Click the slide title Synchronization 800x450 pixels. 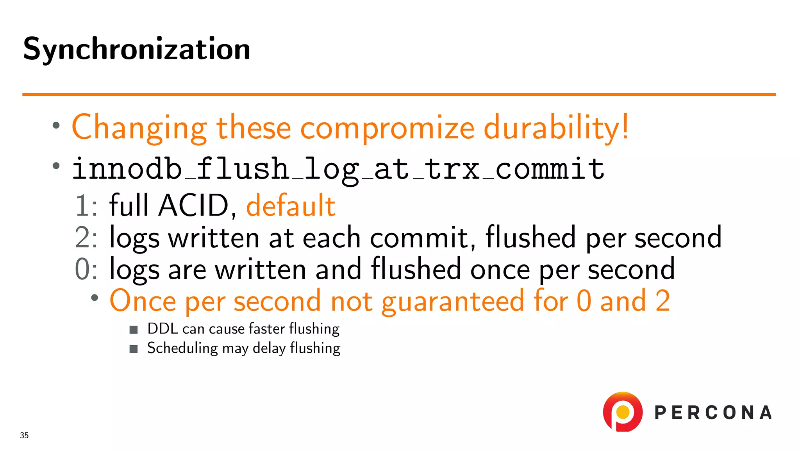[136, 49]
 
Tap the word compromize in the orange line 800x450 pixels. [387, 128]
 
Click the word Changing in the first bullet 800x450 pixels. [139, 128]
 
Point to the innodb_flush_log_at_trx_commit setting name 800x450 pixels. [338, 169]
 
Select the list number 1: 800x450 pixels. [86, 206]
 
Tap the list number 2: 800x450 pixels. [86, 237]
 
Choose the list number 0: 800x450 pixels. [86, 269]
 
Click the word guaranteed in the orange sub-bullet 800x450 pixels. [453, 302]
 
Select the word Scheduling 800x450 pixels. [182, 348]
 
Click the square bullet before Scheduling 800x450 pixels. [134, 349]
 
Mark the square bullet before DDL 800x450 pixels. [134, 330]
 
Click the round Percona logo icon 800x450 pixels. [623, 412]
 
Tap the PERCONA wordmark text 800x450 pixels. [713, 413]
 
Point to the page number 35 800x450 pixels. [24, 435]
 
